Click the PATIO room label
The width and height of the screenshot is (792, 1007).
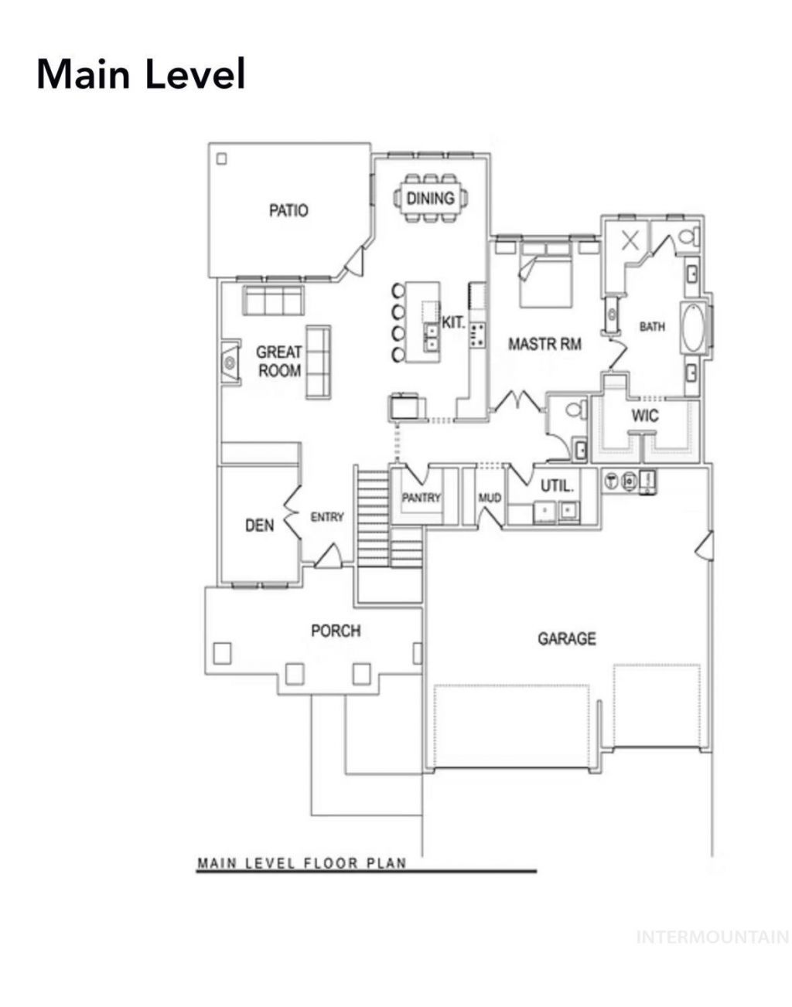point(288,210)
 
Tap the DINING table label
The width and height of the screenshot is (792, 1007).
point(430,199)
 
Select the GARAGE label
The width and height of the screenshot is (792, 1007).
point(567,639)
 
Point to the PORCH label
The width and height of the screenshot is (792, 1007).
point(336,631)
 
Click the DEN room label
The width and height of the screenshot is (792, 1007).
point(259,525)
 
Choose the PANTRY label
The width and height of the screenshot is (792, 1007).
point(421,498)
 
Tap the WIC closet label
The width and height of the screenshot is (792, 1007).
point(645,416)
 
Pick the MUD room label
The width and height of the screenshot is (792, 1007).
point(490,498)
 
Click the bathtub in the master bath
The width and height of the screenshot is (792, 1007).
point(693,327)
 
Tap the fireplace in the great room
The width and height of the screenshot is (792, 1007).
point(230,362)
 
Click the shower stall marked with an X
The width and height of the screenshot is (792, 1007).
point(630,240)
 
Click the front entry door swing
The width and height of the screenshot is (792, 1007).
point(328,556)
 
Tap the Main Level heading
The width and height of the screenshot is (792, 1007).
point(141,74)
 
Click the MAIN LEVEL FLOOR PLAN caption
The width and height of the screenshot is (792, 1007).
point(302,863)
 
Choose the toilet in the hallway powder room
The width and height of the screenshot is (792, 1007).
point(574,409)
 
